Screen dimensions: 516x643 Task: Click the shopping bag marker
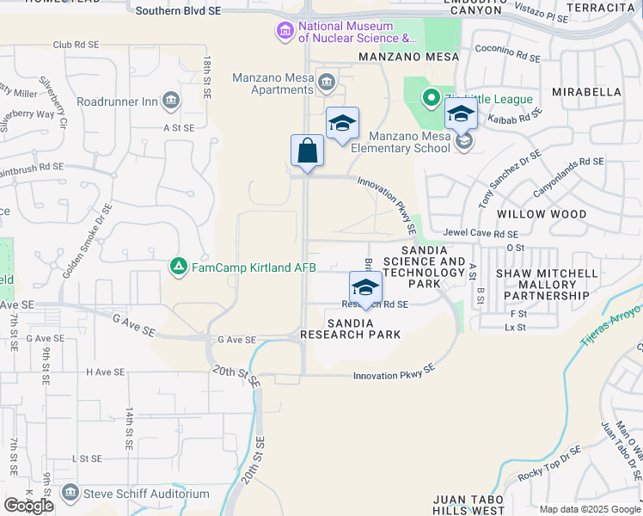point(307,151)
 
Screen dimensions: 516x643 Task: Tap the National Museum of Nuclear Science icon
point(285,33)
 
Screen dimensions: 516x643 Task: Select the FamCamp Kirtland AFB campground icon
point(178,267)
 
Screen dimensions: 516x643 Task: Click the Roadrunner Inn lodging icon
point(170,101)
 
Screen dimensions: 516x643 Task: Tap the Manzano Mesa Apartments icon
point(327,83)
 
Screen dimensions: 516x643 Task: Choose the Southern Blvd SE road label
point(179,11)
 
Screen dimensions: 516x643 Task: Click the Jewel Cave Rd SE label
point(481,233)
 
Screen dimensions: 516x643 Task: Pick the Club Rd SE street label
point(76,45)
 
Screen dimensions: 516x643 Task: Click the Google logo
point(28,506)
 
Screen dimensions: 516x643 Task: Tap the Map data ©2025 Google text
point(590,509)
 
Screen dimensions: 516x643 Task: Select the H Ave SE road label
point(105,372)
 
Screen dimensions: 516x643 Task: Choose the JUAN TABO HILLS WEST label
point(468,504)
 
